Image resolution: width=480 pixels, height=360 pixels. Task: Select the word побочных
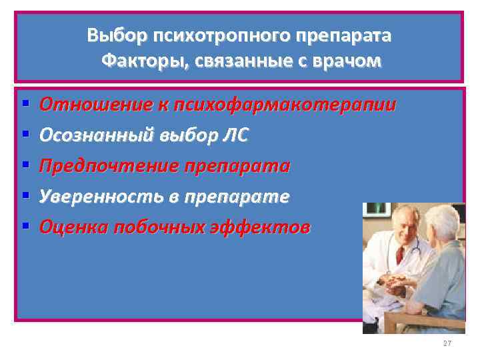tap(170, 227)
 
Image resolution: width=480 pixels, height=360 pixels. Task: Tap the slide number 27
tap(447, 343)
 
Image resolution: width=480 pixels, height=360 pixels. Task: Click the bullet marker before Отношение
tap(25, 105)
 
